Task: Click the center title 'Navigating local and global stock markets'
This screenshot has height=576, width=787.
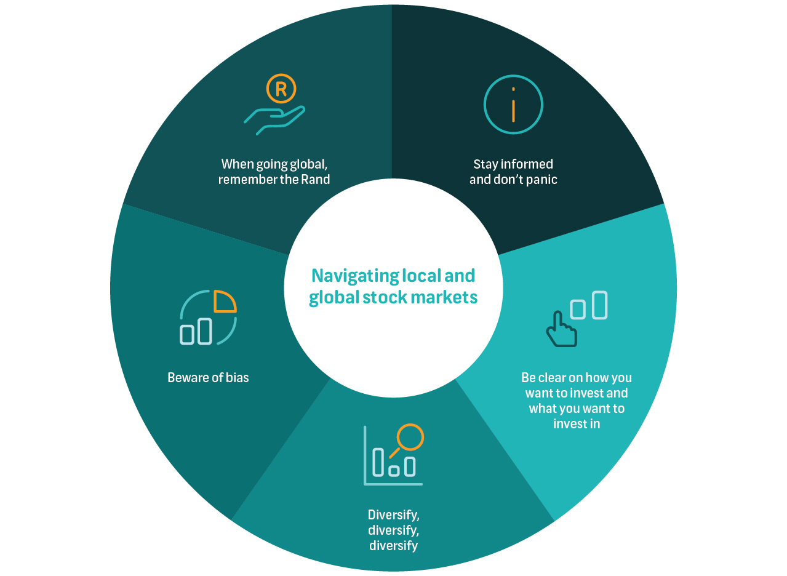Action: pyautogui.click(x=393, y=286)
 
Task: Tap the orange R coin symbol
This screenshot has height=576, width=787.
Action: pyautogui.click(x=281, y=89)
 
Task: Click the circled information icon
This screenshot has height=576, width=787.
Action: pyautogui.click(x=513, y=104)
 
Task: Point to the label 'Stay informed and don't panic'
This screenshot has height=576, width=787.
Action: pyautogui.click(x=513, y=172)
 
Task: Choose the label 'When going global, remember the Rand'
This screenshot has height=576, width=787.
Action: pyautogui.click(x=274, y=172)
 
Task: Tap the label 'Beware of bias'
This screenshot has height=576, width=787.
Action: pyautogui.click(x=208, y=378)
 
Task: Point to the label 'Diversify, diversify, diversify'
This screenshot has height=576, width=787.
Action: pyautogui.click(x=394, y=530)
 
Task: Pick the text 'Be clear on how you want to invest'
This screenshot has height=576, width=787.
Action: pyautogui.click(x=577, y=385)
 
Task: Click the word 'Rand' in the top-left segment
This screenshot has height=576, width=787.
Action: pyautogui.click(x=318, y=180)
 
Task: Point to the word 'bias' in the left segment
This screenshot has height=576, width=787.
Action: pyautogui.click(x=238, y=378)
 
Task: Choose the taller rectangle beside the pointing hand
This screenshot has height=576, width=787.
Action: pyautogui.click(x=599, y=305)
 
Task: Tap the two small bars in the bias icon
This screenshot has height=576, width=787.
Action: pyautogui.click(x=196, y=332)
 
